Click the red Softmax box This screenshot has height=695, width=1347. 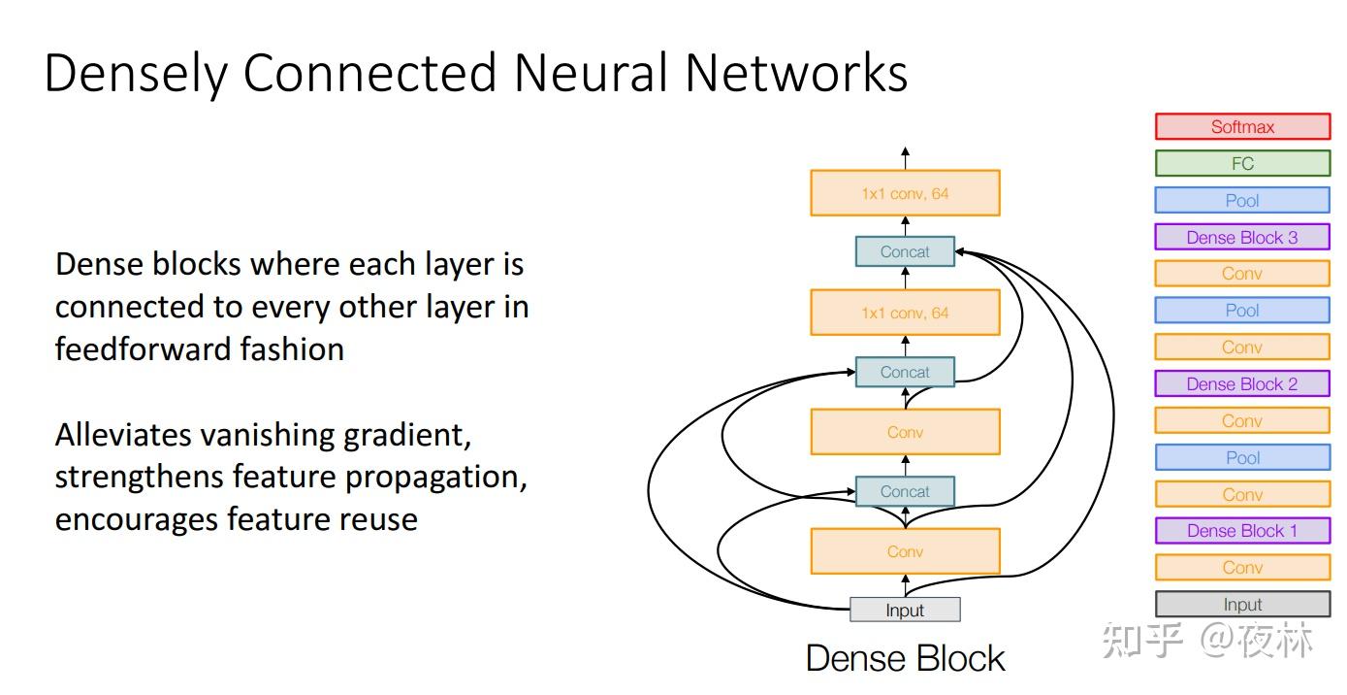[x=1242, y=127]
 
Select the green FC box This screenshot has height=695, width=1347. [x=1242, y=164]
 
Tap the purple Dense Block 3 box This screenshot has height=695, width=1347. [x=1242, y=238]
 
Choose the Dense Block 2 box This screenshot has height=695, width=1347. [x=1242, y=384]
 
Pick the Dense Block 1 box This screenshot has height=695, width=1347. [x=1242, y=531]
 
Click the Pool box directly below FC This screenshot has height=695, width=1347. [x=1242, y=201]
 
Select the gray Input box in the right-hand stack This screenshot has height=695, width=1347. [x=1242, y=605]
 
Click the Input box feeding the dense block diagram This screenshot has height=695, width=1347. [x=905, y=611]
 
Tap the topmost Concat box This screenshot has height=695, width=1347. [x=905, y=252]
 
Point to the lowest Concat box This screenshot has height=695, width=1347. [x=905, y=492]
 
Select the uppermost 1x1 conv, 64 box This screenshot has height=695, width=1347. [x=905, y=194]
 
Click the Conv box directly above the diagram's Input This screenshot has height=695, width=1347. [x=905, y=551]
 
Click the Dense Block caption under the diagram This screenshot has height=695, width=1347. [x=905, y=659]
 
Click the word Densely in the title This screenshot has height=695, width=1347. [x=136, y=74]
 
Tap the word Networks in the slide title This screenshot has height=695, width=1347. [x=796, y=74]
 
